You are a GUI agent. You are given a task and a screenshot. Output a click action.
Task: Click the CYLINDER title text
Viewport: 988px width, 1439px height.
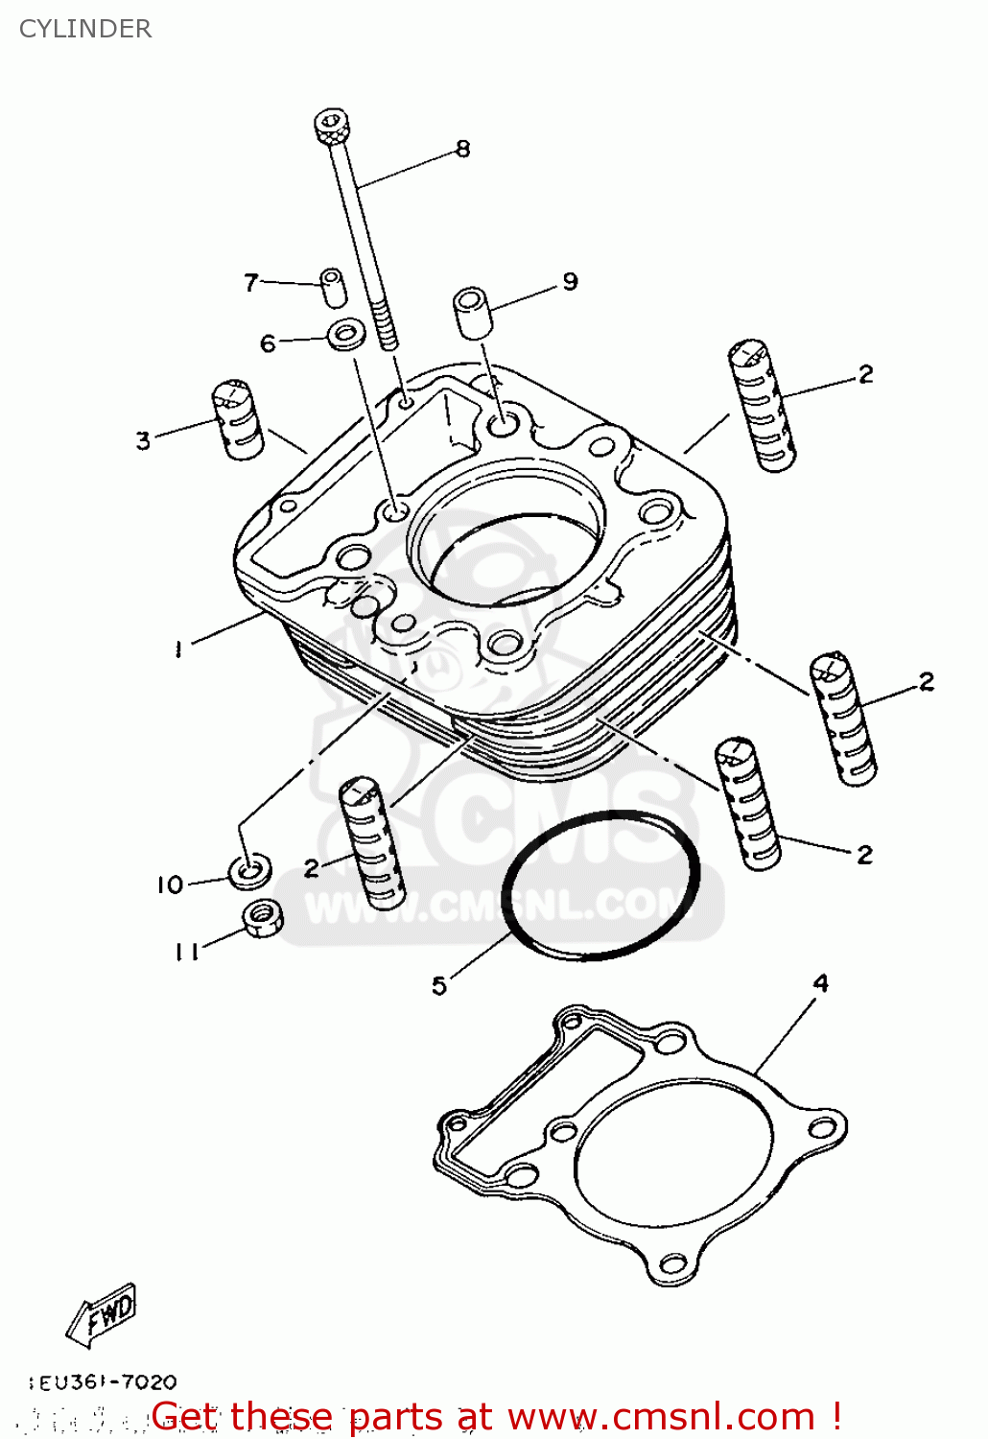pyautogui.click(x=85, y=29)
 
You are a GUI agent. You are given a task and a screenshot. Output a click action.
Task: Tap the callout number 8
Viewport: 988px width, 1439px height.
pyautogui.click(x=463, y=149)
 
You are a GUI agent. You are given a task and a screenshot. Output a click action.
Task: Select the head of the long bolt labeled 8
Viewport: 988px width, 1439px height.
pyautogui.click(x=333, y=126)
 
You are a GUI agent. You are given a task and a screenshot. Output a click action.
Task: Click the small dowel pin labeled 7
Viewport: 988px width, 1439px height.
pyautogui.click(x=333, y=287)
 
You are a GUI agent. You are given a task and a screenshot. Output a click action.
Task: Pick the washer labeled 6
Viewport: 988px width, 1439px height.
pyautogui.click(x=347, y=337)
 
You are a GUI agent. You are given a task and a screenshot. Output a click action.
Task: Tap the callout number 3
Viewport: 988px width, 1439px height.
pyautogui.click(x=143, y=440)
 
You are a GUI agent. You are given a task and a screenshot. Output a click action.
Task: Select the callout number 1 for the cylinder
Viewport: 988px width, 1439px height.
pyautogui.click(x=178, y=649)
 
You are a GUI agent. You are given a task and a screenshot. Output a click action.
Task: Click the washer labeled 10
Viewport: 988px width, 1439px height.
pyautogui.click(x=249, y=869)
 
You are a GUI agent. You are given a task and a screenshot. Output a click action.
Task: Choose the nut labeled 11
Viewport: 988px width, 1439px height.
pyautogui.click(x=261, y=918)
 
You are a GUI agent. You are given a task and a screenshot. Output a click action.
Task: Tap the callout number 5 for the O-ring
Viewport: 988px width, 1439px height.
pyautogui.click(x=439, y=985)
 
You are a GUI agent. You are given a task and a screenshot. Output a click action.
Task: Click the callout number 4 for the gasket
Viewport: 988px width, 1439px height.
pyautogui.click(x=821, y=983)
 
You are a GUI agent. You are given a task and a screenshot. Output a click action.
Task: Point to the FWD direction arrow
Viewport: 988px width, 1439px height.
pyautogui.click(x=103, y=1312)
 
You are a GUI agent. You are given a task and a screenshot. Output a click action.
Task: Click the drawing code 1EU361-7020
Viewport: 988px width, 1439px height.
pyautogui.click(x=104, y=1382)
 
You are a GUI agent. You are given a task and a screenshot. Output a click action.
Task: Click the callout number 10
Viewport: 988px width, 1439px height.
pyautogui.click(x=170, y=885)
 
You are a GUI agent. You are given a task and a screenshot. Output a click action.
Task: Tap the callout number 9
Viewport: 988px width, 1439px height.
pyautogui.click(x=571, y=281)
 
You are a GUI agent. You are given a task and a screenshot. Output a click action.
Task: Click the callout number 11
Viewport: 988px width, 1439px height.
pyautogui.click(x=186, y=951)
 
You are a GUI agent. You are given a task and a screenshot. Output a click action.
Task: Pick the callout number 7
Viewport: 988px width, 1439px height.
pyautogui.click(x=251, y=282)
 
